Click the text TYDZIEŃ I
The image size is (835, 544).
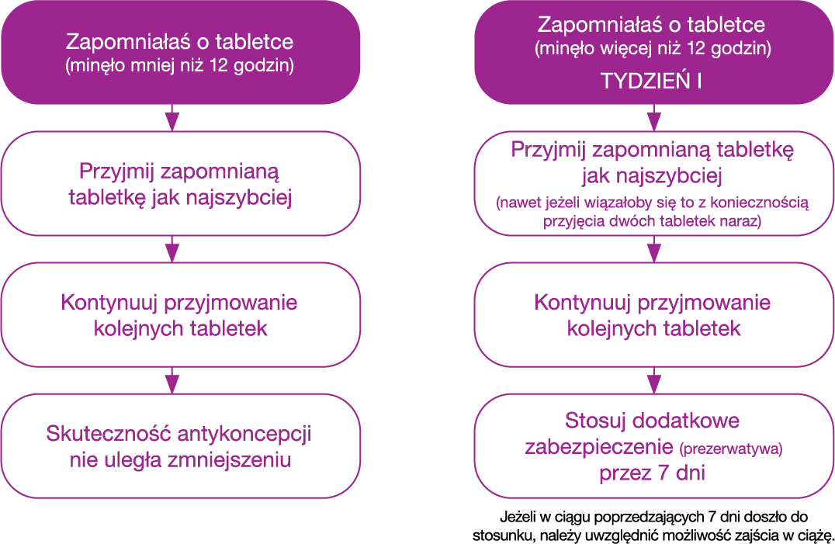(651, 81)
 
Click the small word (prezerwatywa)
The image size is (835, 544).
(731, 449)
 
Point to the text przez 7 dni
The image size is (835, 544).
(653, 473)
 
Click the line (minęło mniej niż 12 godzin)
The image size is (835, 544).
(179, 65)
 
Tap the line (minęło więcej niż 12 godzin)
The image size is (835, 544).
(653, 48)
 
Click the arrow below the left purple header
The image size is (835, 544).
(172, 118)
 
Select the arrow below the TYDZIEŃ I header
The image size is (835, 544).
(654, 118)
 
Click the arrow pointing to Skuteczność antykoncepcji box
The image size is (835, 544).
(172, 380)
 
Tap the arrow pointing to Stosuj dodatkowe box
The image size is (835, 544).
(654, 380)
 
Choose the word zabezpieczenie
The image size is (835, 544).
(599, 448)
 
